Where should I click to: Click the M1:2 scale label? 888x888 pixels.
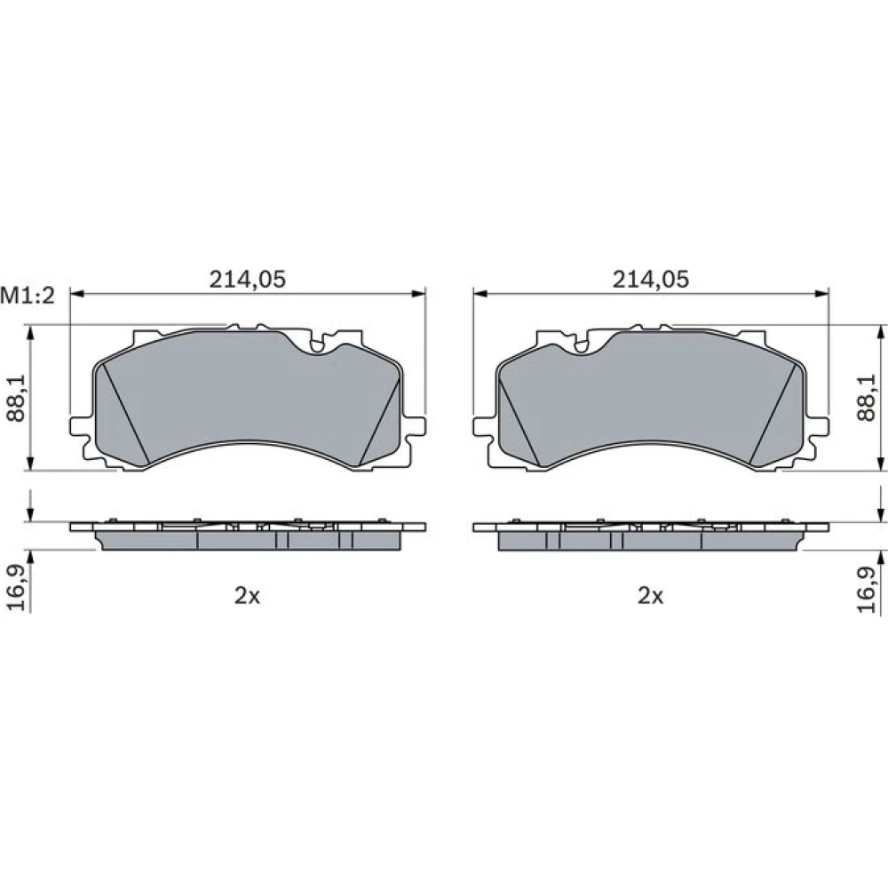[x=28, y=295]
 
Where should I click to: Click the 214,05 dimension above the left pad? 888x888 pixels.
[x=248, y=279]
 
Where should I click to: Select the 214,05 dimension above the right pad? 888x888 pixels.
[x=651, y=279]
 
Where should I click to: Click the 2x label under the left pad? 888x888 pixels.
[x=247, y=595]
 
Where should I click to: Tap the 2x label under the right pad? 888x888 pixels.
[x=650, y=595]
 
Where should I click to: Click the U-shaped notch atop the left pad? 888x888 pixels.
[x=318, y=344]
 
